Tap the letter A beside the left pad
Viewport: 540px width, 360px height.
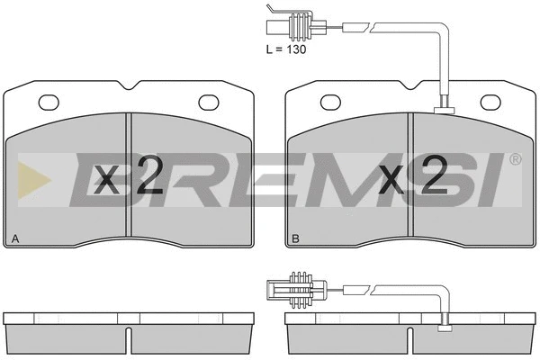pyautogui.click(x=13, y=238)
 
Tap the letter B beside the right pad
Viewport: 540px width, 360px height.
pyautogui.click(x=294, y=238)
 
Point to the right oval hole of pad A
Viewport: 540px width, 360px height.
pyautogui.click(x=210, y=101)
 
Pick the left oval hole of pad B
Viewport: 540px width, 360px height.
pyautogui.click(x=330, y=101)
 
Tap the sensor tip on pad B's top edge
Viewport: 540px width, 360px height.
pyautogui.click(x=443, y=111)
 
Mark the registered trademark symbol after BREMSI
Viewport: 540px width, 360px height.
pyautogui.click(x=515, y=159)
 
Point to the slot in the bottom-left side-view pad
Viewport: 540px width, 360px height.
pyautogui.click(x=130, y=338)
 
